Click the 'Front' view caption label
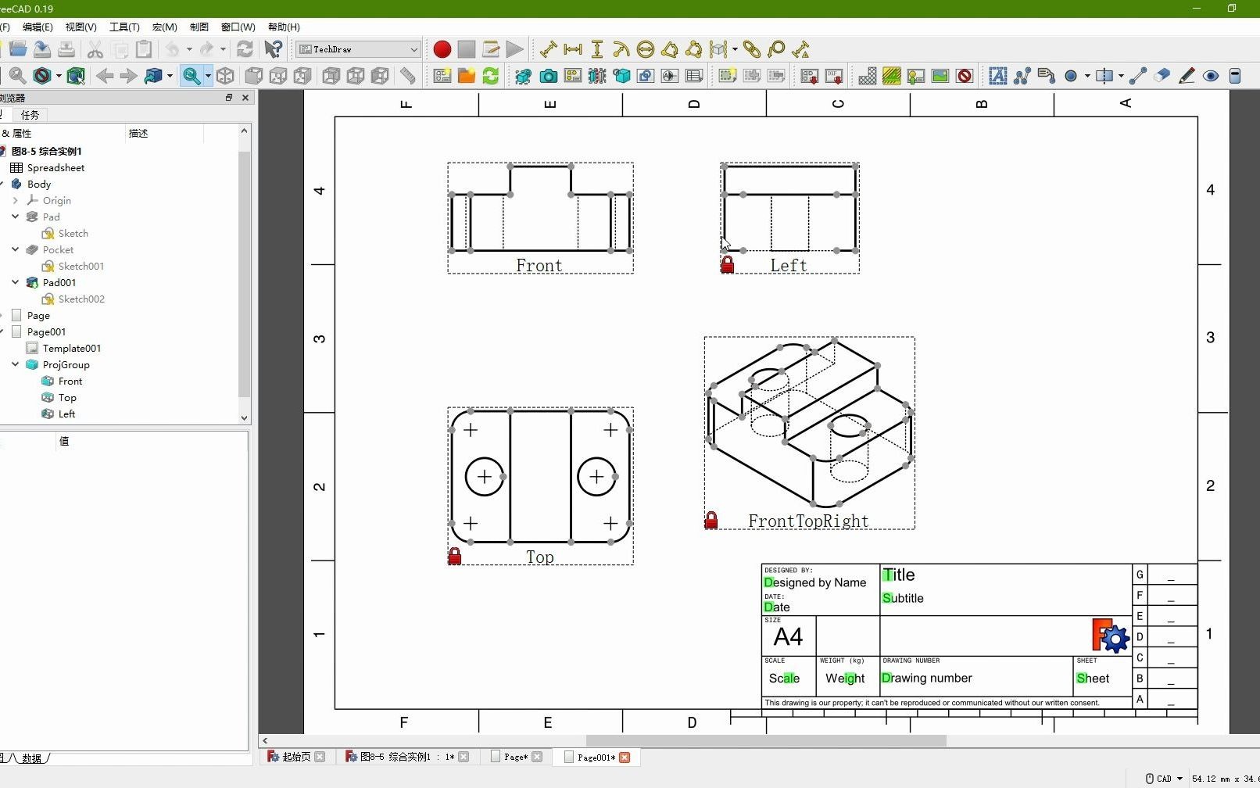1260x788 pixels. tap(539, 266)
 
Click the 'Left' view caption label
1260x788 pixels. tap(788, 266)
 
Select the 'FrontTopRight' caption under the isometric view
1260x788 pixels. tap(808, 521)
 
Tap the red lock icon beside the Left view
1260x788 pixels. tap(728, 265)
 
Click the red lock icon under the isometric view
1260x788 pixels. tap(711, 521)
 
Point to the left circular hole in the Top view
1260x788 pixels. tap(485, 477)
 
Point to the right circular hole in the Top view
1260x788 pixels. tap(596, 477)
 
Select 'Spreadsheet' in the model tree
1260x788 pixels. tap(55, 168)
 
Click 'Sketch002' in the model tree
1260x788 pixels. tap(81, 299)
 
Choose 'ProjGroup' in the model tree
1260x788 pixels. tap(66, 365)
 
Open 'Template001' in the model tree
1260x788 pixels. tap(71, 349)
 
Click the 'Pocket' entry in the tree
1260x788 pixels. tap(58, 250)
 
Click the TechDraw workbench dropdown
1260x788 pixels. tap(359, 49)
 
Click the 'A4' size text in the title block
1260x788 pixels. tap(788, 637)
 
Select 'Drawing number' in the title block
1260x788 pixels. tap(927, 679)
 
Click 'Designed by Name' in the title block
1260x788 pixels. tap(815, 582)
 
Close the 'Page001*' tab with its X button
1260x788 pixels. tap(625, 758)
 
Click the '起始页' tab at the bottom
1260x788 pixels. tap(295, 758)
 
